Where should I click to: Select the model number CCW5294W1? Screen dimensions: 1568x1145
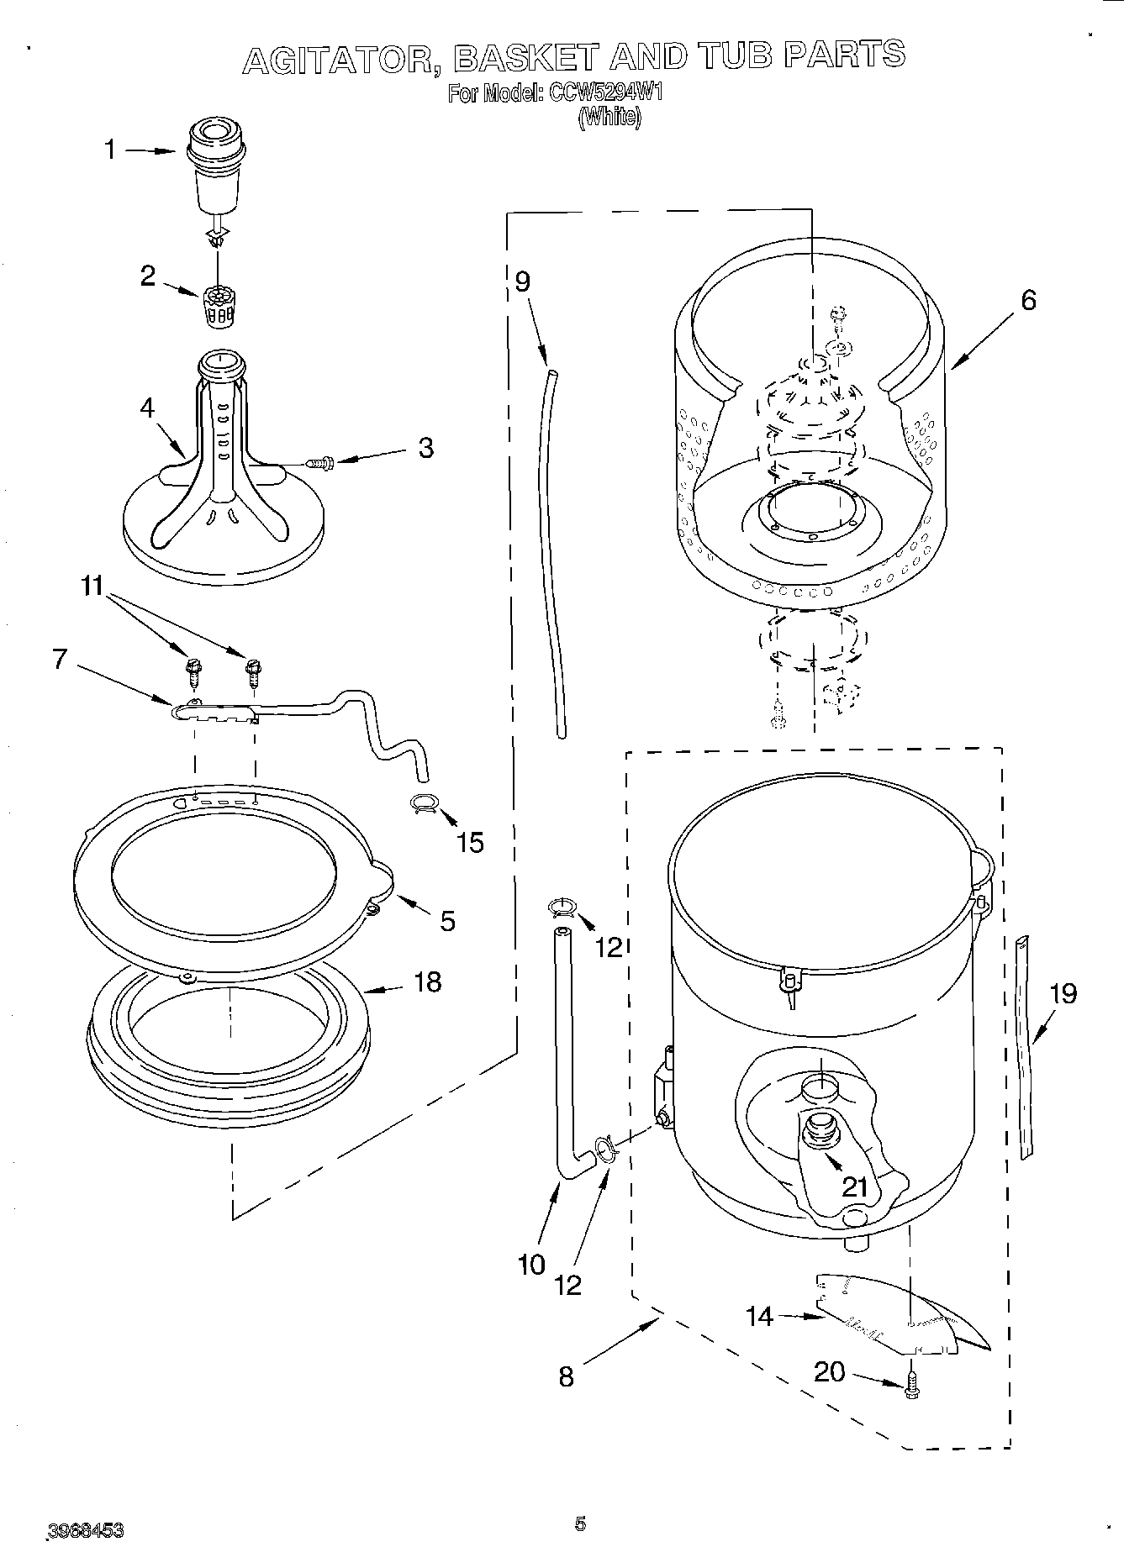594,92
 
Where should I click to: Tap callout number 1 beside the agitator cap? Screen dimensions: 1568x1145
110,150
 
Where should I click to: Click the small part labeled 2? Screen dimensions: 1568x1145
217,306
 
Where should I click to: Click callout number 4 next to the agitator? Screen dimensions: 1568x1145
147,408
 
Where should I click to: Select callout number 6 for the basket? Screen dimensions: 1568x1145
1028,300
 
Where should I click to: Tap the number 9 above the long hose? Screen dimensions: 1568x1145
522,281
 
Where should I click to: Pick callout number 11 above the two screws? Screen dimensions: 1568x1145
93,586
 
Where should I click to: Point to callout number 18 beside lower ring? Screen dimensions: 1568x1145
427,981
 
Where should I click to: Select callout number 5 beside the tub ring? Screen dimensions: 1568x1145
447,921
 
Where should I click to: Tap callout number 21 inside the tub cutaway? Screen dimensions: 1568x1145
854,1187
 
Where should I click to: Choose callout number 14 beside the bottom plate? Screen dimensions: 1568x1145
759,1316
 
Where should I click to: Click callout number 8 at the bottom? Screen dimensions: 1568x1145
566,1376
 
